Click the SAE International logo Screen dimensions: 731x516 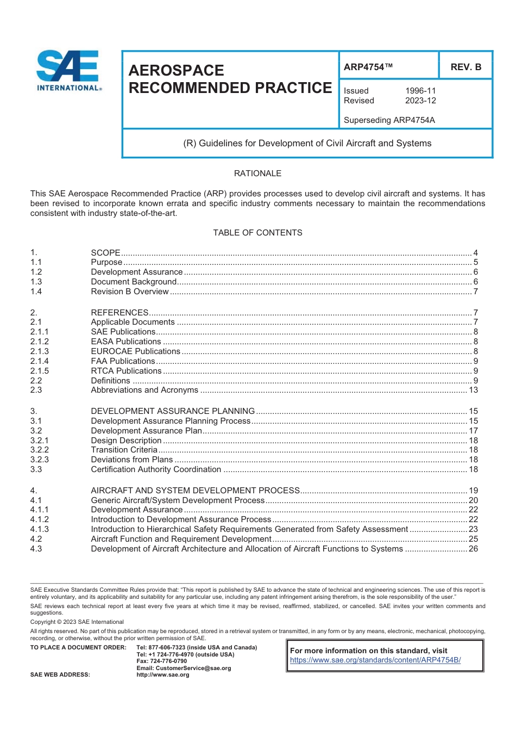(x=68, y=71)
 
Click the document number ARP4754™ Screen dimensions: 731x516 (x=368, y=67)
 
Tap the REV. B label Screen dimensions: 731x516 (x=465, y=67)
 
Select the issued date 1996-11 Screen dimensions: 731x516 (x=420, y=91)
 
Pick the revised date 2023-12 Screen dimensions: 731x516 (x=420, y=101)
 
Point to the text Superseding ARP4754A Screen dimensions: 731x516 (x=389, y=120)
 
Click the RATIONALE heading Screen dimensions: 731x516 (x=257, y=174)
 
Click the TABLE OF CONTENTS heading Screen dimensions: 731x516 (x=257, y=233)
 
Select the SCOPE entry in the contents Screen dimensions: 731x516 (x=106, y=253)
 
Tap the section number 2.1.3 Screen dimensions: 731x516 (x=40, y=351)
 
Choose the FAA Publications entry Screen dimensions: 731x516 (x=123, y=361)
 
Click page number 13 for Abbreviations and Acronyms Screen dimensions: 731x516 (x=473, y=390)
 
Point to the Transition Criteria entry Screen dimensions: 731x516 (x=124, y=450)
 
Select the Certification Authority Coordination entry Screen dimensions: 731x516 (x=156, y=469)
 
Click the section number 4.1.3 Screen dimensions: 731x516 (x=40, y=529)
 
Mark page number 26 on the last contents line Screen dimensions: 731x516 (x=473, y=549)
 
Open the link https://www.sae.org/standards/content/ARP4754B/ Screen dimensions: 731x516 (x=375, y=660)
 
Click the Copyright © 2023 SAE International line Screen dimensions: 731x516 (x=77, y=622)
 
